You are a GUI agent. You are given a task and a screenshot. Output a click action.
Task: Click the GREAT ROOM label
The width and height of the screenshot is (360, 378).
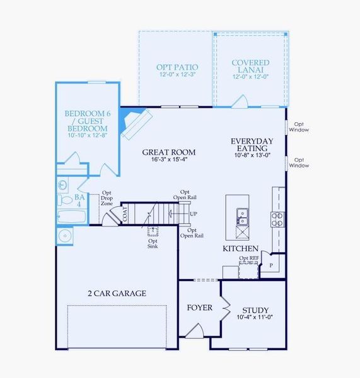168,152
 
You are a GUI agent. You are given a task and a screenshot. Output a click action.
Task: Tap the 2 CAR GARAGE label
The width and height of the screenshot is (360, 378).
117,293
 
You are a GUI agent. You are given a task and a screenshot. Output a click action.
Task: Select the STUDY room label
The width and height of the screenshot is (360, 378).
255,310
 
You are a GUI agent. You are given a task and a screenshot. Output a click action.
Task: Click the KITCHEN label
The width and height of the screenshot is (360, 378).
240,249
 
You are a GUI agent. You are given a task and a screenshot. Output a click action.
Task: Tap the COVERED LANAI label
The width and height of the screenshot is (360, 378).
250,67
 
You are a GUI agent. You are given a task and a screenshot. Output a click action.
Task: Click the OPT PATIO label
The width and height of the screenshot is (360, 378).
177,67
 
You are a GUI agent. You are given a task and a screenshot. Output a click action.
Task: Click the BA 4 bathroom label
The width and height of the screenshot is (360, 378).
79,200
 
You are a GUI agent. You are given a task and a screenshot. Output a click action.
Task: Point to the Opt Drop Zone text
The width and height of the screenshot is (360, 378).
107,199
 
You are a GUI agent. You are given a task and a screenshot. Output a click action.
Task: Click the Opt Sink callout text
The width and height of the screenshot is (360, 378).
153,243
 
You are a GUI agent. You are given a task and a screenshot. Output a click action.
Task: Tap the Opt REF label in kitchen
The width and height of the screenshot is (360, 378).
248,258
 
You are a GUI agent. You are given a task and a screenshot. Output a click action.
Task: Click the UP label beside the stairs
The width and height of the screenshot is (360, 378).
193,214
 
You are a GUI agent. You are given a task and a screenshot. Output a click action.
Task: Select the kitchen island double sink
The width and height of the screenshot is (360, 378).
241,216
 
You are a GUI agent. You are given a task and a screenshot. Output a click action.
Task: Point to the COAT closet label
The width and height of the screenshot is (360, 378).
125,214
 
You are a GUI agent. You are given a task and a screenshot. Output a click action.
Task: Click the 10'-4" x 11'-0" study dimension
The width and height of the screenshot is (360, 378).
255,318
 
